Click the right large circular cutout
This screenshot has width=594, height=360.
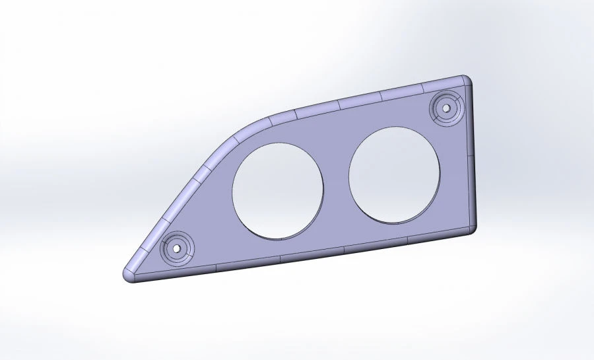[x=394, y=174]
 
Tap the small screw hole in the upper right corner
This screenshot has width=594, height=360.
[x=447, y=106]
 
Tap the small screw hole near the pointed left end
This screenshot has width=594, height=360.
[x=176, y=248]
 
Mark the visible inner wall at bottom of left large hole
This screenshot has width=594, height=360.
[x=277, y=236]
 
